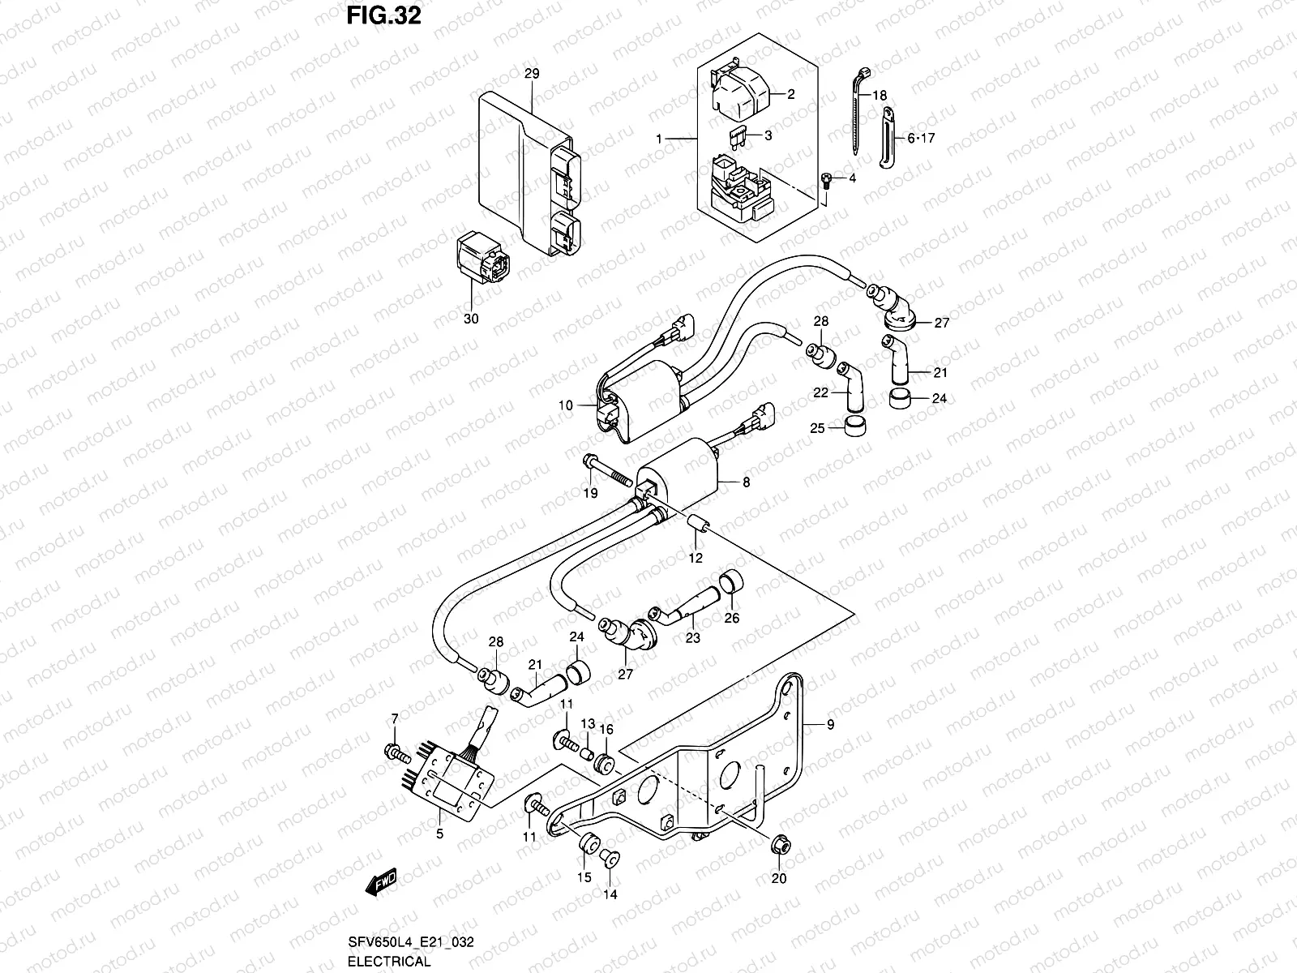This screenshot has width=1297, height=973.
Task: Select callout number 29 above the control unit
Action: [531, 74]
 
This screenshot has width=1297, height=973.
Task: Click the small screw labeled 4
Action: [825, 182]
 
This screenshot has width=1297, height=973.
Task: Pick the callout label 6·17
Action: [921, 139]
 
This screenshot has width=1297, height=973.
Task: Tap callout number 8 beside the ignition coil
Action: [746, 482]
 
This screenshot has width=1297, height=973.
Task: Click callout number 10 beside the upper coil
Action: [566, 405]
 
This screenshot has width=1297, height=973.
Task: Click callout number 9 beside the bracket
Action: [830, 725]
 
